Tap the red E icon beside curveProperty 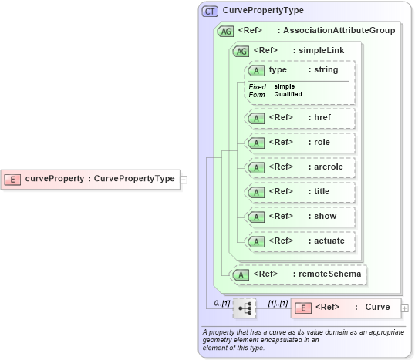[x=13, y=179]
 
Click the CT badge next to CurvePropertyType [x=209, y=11]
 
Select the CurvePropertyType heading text [x=263, y=11]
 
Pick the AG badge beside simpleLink [x=241, y=50]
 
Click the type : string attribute [x=297, y=70]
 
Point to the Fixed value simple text [x=285, y=86]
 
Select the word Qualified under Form [x=288, y=94]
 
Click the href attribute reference [x=297, y=118]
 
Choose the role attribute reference [x=297, y=143]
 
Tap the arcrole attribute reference [x=297, y=167]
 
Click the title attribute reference [x=297, y=191]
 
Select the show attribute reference [x=297, y=216]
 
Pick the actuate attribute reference [x=297, y=241]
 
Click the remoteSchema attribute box [x=299, y=274]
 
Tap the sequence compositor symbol [x=245, y=308]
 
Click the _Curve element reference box [x=346, y=308]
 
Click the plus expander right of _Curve [x=405, y=308]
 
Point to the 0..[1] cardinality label [x=221, y=303]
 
